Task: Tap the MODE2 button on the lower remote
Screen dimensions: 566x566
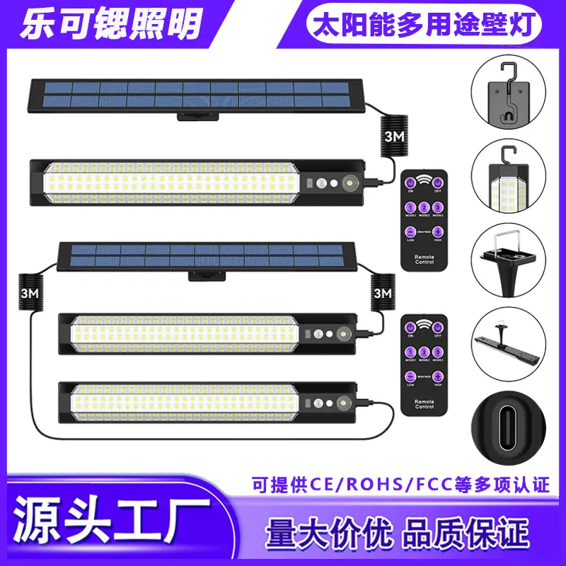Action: tap(424, 351)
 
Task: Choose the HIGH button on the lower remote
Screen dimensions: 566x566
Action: tap(438, 377)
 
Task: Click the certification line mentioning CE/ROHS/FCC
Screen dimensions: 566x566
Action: tap(400, 485)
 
